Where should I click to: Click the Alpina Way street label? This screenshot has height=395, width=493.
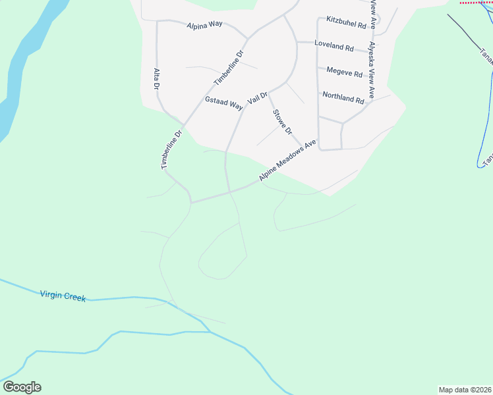coord(205,26)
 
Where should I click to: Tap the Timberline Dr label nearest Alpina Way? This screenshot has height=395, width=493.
coord(229,68)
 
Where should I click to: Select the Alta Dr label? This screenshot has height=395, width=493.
coord(157,78)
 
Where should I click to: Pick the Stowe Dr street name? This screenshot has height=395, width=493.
coord(282,122)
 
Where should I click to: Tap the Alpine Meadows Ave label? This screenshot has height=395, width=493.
coord(287,160)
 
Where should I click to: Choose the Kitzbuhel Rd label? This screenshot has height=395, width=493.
coord(346,24)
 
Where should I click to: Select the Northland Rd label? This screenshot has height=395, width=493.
coord(343,99)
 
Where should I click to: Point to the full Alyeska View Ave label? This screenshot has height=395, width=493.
coord(372,70)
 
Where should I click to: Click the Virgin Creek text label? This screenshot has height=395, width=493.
coord(63,296)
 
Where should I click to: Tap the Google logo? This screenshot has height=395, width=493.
coord(22,387)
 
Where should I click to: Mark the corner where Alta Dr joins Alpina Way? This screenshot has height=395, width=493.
coord(157,21)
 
